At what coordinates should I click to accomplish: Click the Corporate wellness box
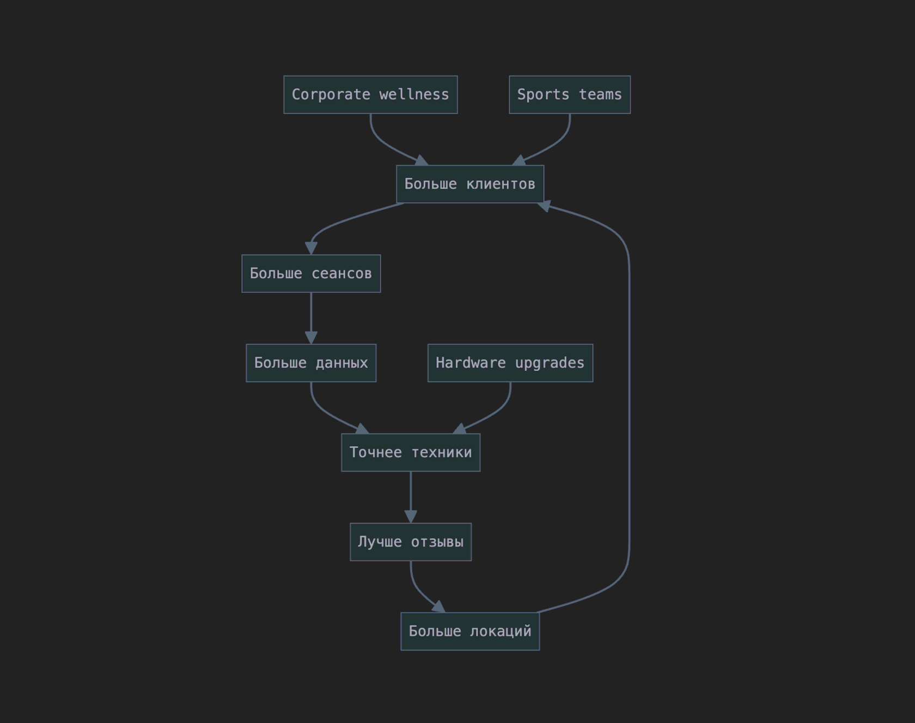point(370,95)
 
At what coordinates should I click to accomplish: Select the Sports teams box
point(570,95)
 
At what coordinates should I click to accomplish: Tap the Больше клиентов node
point(470,184)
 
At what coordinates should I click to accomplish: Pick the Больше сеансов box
point(311,273)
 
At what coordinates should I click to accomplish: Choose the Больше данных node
point(311,363)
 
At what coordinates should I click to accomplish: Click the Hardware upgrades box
point(510,363)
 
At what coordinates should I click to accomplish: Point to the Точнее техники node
point(411,452)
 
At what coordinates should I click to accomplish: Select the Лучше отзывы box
point(411,542)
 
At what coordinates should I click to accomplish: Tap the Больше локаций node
point(470,632)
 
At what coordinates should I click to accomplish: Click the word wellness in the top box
point(414,95)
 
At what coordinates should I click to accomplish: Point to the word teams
point(600,95)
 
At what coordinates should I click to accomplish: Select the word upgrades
point(550,363)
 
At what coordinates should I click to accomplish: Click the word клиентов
point(501,185)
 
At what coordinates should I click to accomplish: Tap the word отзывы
point(437,542)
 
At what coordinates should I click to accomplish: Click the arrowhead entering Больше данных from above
point(311,338)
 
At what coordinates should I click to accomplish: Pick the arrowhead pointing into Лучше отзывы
point(411,517)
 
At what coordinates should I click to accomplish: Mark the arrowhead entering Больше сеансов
point(311,248)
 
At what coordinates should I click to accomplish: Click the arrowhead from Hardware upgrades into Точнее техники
point(460,429)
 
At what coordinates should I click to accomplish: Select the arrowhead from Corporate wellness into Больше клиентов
point(422,161)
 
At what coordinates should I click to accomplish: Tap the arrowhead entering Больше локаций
point(439,607)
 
